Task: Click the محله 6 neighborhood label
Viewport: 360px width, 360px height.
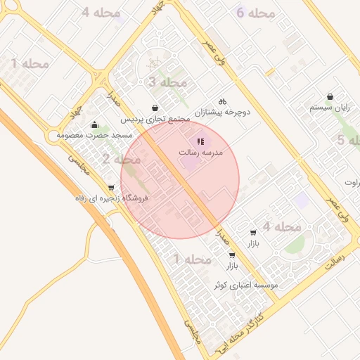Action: tap(255, 13)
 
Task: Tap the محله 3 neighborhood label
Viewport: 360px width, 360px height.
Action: tap(167, 82)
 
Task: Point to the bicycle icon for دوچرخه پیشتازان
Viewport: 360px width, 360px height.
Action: tap(223, 101)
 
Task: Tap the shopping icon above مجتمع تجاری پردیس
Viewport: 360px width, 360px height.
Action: tap(155, 108)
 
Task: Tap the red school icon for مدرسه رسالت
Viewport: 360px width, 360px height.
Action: tap(201, 141)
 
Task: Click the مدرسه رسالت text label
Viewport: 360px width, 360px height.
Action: tap(202, 152)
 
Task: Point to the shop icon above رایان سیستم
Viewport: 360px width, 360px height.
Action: tap(330, 97)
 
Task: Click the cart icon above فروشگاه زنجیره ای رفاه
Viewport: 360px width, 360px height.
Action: tap(111, 187)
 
